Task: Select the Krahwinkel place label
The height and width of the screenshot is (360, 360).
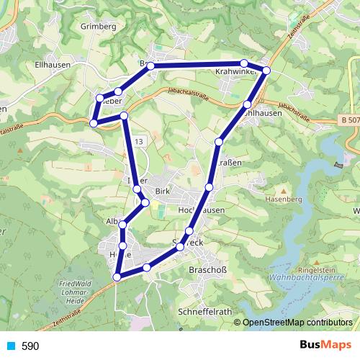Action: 237,73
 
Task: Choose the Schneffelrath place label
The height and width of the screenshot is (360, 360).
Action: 205,311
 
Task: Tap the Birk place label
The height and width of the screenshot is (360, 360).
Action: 163,192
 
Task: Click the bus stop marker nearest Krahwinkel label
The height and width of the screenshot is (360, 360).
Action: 244,63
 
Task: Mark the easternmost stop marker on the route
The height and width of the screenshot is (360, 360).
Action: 266,70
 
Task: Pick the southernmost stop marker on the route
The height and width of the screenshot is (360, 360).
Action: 117,276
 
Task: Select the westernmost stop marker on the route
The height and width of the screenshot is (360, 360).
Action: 93,123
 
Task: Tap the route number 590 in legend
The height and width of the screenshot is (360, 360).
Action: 30,346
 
